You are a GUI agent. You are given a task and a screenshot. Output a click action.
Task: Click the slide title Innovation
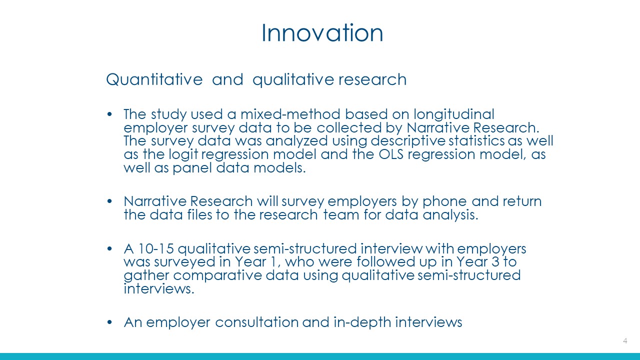(322, 33)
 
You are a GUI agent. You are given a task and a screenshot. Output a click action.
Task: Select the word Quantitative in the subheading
(154, 79)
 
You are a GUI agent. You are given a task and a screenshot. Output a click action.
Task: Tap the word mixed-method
(290, 114)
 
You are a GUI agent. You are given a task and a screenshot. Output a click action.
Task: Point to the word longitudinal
(454, 115)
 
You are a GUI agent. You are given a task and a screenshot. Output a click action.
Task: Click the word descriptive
(407, 141)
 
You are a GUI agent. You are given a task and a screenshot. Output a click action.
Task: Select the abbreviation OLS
(391, 154)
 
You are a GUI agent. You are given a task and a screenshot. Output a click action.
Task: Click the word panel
(192, 168)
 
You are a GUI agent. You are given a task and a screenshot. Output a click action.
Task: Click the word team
(341, 215)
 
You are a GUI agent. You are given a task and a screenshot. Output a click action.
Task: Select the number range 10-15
(156, 249)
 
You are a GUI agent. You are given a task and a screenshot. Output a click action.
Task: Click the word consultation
(257, 322)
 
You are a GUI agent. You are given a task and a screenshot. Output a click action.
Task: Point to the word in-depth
(362, 323)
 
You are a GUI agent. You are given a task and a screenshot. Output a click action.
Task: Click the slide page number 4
(625, 341)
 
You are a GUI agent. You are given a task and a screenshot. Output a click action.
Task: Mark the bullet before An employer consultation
(109, 322)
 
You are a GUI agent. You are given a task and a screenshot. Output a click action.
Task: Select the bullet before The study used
(109, 114)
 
